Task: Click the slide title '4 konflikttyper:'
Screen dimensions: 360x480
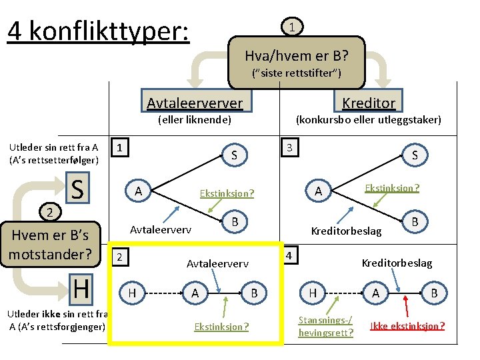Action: (99, 30)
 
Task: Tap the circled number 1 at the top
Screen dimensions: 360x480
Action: (292, 27)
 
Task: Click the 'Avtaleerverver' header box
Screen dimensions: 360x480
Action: (195, 103)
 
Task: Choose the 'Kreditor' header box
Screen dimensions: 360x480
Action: (369, 102)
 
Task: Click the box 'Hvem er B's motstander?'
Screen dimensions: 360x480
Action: (51, 245)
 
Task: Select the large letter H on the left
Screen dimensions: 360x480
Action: (81, 288)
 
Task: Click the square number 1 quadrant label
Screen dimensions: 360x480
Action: (119, 146)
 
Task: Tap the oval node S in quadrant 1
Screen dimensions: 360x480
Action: (234, 156)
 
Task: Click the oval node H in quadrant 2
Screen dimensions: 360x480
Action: (132, 292)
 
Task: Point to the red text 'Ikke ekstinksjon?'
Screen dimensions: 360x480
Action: (407, 326)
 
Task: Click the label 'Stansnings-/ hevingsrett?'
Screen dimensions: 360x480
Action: (326, 327)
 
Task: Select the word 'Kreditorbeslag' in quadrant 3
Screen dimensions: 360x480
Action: (347, 231)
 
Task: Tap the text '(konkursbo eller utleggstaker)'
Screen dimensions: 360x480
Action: (368, 120)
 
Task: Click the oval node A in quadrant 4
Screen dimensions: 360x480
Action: (375, 292)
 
